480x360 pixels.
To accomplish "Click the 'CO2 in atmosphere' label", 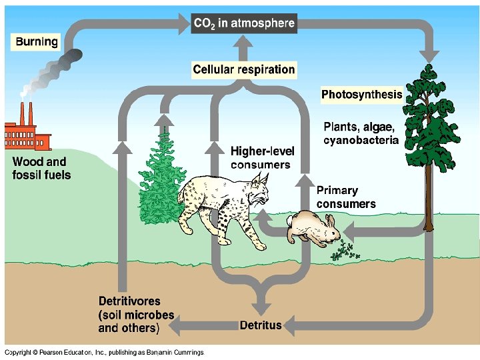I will coord(243,23).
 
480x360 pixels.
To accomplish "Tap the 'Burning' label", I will coord(37,42).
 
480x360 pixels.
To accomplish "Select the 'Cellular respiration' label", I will coord(243,69).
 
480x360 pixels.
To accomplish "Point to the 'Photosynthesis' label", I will coord(361,94).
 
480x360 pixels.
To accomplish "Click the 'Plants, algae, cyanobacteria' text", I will coord(361,133).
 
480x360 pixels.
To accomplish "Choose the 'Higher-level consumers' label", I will coord(262,158).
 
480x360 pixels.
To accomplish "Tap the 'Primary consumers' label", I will coord(345,197).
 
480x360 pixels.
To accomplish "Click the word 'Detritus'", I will coord(261,325).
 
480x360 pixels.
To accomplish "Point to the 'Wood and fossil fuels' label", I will coord(40,168).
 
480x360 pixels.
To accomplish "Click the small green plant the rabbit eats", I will coord(344,252).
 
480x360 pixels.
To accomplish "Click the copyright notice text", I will coord(103,352).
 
